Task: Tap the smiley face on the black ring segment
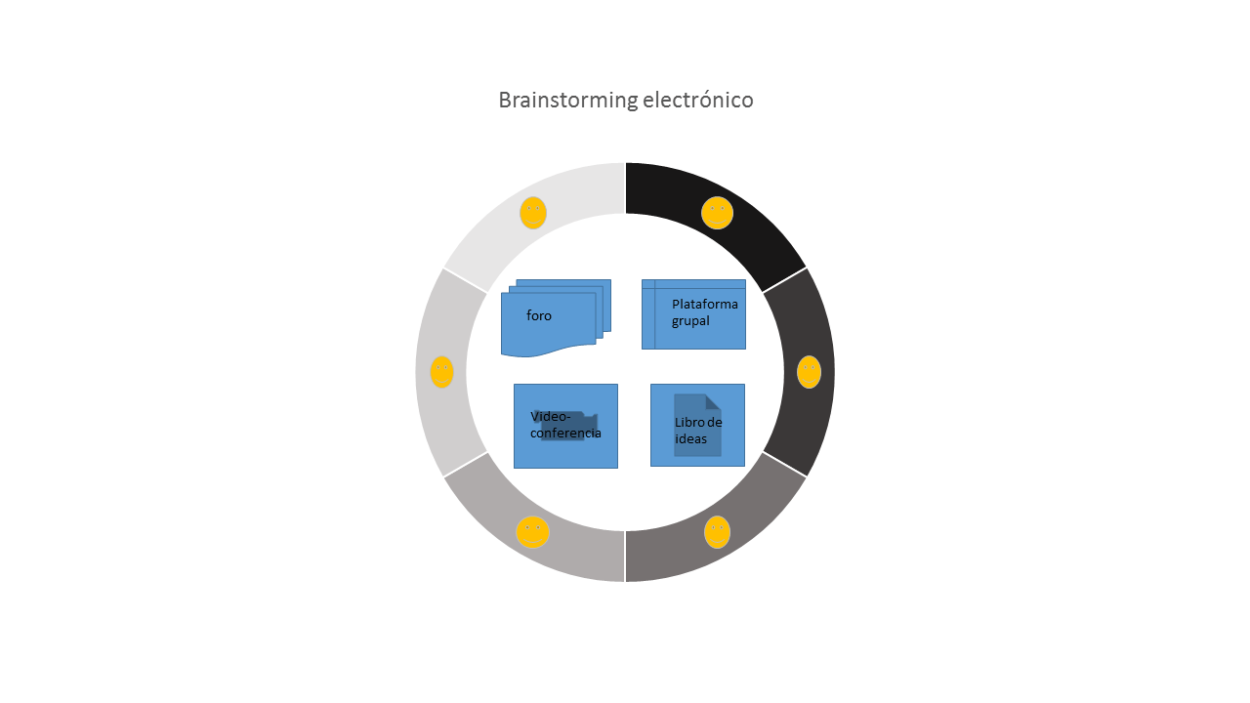click(717, 213)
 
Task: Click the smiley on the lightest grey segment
click(532, 213)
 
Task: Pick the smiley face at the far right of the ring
click(809, 372)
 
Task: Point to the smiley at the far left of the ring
click(441, 372)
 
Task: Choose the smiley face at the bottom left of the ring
click(532, 532)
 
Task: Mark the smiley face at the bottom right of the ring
click(717, 532)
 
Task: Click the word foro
click(539, 316)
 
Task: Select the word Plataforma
click(705, 304)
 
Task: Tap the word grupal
click(690, 320)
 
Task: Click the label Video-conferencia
click(565, 425)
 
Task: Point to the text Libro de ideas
click(698, 431)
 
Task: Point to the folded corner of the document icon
click(713, 401)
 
